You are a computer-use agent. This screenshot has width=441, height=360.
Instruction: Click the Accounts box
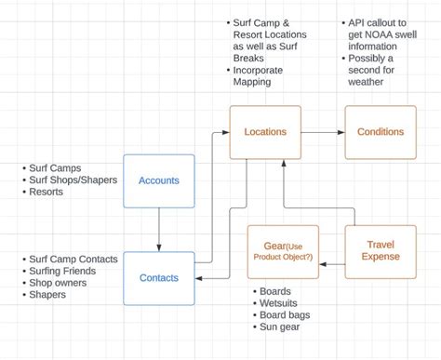click(x=159, y=181)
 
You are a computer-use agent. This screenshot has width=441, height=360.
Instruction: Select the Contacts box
click(x=159, y=277)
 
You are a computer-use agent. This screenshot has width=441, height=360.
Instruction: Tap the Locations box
click(x=265, y=133)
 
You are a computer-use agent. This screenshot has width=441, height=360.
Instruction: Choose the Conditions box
click(x=381, y=133)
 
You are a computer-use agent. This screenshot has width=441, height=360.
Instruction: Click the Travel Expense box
click(x=381, y=251)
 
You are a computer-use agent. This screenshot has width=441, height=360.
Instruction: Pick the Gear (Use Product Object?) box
click(x=283, y=251)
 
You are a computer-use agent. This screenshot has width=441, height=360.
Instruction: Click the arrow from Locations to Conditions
click(x=323, y=133)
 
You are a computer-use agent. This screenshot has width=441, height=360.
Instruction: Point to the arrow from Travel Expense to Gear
click(x=332, y=264)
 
